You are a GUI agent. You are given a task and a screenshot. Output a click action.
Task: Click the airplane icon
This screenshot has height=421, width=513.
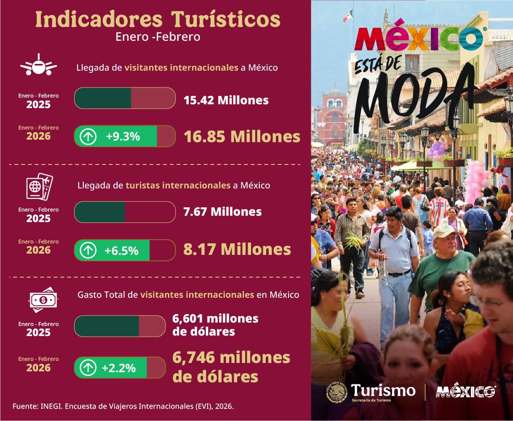point(38,65)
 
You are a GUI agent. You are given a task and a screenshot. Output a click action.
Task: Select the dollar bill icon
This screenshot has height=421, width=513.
point(42,300)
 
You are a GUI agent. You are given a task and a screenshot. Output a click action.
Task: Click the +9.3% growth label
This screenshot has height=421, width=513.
point(123,136)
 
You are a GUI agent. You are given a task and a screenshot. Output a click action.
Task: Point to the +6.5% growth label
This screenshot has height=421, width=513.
point(121,251)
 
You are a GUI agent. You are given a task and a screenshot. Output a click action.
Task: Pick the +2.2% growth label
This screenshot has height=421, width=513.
point(119,368)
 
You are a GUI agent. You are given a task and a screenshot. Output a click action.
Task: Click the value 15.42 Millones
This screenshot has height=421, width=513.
point(226,100)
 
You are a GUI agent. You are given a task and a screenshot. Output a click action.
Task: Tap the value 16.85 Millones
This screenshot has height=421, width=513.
point(242,137)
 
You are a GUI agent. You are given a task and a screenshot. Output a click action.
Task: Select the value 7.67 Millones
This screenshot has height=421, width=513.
point(222,212)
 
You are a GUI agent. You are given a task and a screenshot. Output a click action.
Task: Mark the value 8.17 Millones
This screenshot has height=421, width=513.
point(237,249)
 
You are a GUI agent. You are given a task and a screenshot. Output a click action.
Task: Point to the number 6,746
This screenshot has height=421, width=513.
point(194,357)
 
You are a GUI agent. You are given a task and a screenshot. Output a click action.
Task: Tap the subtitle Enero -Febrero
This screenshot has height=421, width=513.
point(158,37)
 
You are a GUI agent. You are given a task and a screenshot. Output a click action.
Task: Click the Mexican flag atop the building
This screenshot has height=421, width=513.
point(347,16)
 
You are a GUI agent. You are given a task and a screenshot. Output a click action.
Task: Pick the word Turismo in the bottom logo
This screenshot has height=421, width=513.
point(383,390)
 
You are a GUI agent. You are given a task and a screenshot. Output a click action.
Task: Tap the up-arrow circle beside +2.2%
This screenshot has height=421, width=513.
point(88,368)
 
